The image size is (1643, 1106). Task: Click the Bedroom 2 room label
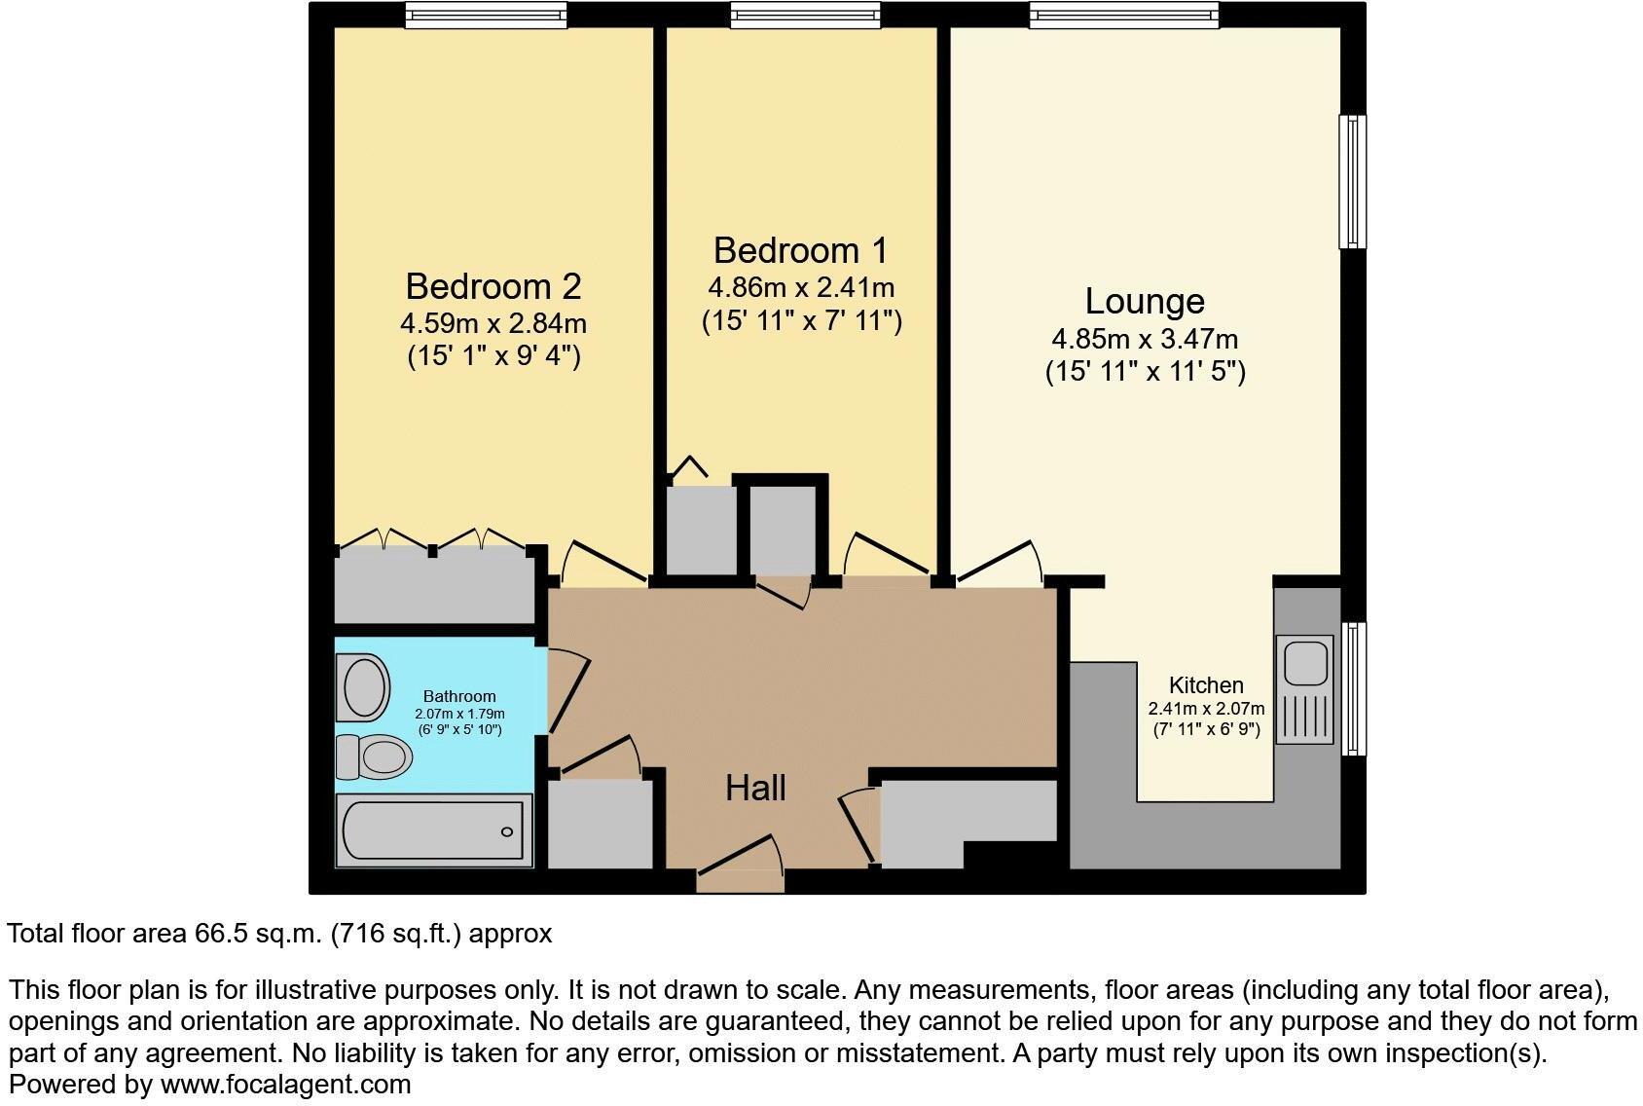[x=493, y=286]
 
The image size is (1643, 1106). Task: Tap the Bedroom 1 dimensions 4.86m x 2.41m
[x=800, y=288]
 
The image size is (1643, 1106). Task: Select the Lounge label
[x=1145, y=301]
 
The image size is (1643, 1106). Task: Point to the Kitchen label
[x=1206, y=684]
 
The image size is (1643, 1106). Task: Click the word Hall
[x=755, y=788]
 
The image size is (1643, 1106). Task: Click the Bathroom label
[x=459, y=696]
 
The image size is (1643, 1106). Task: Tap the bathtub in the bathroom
[x=434, y=831]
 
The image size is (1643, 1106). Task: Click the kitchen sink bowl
[x=1305, y=663]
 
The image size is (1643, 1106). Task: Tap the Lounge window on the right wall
[x=1352, y=181]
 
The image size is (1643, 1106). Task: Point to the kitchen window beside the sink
[x=1353, y=688]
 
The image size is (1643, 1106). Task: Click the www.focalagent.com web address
[x=285, y=1084]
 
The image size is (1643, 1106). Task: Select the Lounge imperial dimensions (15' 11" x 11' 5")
[x=1145, y=372]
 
